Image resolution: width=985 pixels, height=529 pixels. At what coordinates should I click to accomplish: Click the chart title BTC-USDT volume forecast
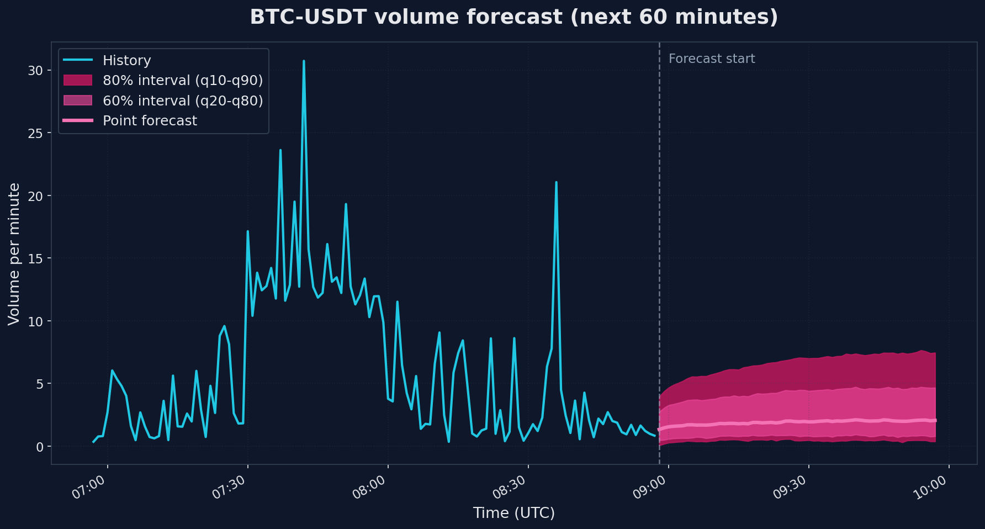coord(513,17)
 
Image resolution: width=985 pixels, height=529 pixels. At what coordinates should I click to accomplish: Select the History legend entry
coord(126,60)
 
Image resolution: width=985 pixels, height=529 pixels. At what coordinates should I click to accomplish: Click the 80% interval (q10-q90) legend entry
coord(182,81)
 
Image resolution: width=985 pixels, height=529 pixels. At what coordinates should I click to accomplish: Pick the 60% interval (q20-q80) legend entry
coord(182,100)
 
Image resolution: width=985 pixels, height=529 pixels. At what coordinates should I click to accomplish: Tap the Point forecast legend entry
coord(150,120)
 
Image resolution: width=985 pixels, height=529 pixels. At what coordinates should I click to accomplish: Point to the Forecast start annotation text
coord(711,59)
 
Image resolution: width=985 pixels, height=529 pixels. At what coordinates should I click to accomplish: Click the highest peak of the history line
coord(304,61)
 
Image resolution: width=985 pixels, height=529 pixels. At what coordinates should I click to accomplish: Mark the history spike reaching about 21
coord(556,182)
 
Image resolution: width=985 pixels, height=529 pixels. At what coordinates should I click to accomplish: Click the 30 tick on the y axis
coord(35,71)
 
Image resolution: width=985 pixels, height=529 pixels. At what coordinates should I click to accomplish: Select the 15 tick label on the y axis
coord(35,258)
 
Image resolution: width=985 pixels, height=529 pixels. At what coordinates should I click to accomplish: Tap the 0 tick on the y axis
coord(39,446)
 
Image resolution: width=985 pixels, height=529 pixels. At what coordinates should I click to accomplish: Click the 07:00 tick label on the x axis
coord(89,488)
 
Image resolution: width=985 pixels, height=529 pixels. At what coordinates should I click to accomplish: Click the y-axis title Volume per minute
coord(14,254)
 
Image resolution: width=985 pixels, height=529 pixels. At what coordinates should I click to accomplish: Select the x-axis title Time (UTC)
coord(513,513)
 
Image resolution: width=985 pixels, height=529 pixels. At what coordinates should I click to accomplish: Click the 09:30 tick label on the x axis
coord(790,488)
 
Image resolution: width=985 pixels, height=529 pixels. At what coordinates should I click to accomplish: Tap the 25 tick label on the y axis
coord(35,133)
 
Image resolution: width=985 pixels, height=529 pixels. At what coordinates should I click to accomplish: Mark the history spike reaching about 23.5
coord(280,150)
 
